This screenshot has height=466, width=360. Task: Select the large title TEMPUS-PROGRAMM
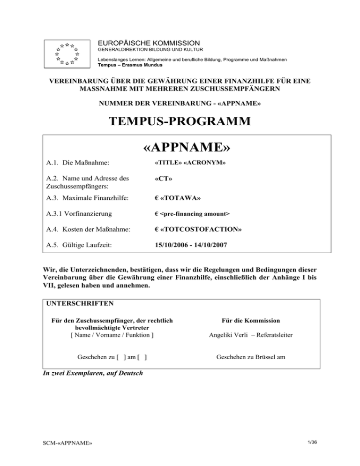[x=180, y=122]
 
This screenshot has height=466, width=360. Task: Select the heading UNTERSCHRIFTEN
[x=80, y=303]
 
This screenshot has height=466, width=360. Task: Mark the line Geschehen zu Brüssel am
[x=250, y=357]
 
